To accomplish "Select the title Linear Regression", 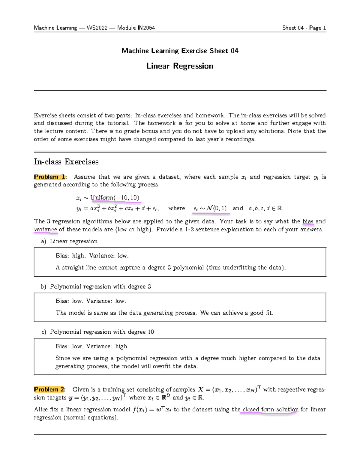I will pyautogui.click(x=180, y=66).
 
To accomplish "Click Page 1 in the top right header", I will pyautogui.click(x=317, y=28).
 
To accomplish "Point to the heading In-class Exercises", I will pyautogui.click(x=66, y=162).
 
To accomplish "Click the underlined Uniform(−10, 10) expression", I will pyautogui.click(x=115, y=197).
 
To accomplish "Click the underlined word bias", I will pyautogui.click(x=308, y=221).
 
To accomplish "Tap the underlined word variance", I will pyautogui.click(x=45, y=230).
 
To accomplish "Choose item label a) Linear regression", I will pyautogui.click(x=70, y=241).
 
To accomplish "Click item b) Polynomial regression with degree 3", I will pyautogui.click(x=96, y=287).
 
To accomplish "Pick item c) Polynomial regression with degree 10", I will pyautogui.click(x=97, y=332).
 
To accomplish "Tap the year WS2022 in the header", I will pyautogui.click(x=97, y=28).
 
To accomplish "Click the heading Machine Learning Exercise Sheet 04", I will pyautogui.click(x=180, y=51).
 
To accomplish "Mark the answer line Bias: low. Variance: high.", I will pyautogui.click(x=92, y=346).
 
